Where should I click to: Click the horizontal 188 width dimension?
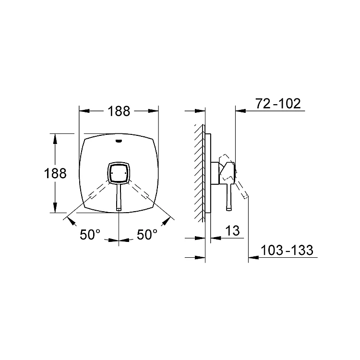(x=119, y=111)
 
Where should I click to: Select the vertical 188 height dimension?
(x=55, y=173)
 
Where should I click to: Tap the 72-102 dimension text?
(x=278, y=104)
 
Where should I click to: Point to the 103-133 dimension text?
(x=287, y=250)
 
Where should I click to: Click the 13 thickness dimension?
(x=233, y=230)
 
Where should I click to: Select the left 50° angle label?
(x=90, y=235)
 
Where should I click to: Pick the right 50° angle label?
(x=147, y=235)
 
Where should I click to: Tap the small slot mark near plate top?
(x=119, y=141)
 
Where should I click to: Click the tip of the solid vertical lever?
(x=119, y=209)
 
